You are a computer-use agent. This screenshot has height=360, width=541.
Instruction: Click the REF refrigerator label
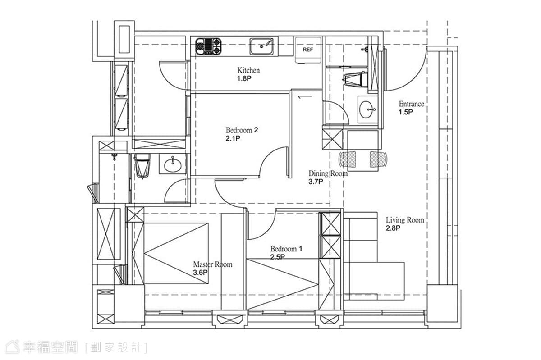pyautogui.click(x=307, y=50)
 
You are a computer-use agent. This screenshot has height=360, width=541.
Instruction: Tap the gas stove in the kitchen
pyautogui.click(x=208, y=46)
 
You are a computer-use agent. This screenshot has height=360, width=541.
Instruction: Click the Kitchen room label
pyautogui.click(x=248, y=70)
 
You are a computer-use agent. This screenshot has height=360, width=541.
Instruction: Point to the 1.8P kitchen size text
pyautogui.click(x=244, y=78)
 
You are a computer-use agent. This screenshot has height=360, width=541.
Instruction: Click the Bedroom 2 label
pyautogui.click(x=242, y=130)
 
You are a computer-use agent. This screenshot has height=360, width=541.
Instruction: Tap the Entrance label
pyautogui.click(x=412, y=104)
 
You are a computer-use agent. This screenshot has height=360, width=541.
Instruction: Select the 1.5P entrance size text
pyautogui.click(x=406, y=112)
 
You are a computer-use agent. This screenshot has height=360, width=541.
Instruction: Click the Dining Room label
pyautogui.click(x=328, y=173)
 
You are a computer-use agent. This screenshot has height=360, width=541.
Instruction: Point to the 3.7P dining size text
pyautogui.click(x=316, y=182)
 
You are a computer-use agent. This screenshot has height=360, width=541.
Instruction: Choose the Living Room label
pyautogui.click(x=405, y=220)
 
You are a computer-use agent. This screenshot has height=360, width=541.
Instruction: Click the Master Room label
pyautogui.click(x=213, y=264)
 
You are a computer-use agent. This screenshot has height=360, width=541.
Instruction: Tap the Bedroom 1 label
pyautogui.click(x=286, y=249)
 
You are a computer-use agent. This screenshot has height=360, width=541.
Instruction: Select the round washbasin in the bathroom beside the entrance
pyautogui.click(x=366, y=109)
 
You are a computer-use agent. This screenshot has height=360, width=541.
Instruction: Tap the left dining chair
pyautogui.click(x=348, y=159)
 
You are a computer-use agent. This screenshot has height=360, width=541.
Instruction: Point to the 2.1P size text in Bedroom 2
pyautogui.click(x=233, y=138)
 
